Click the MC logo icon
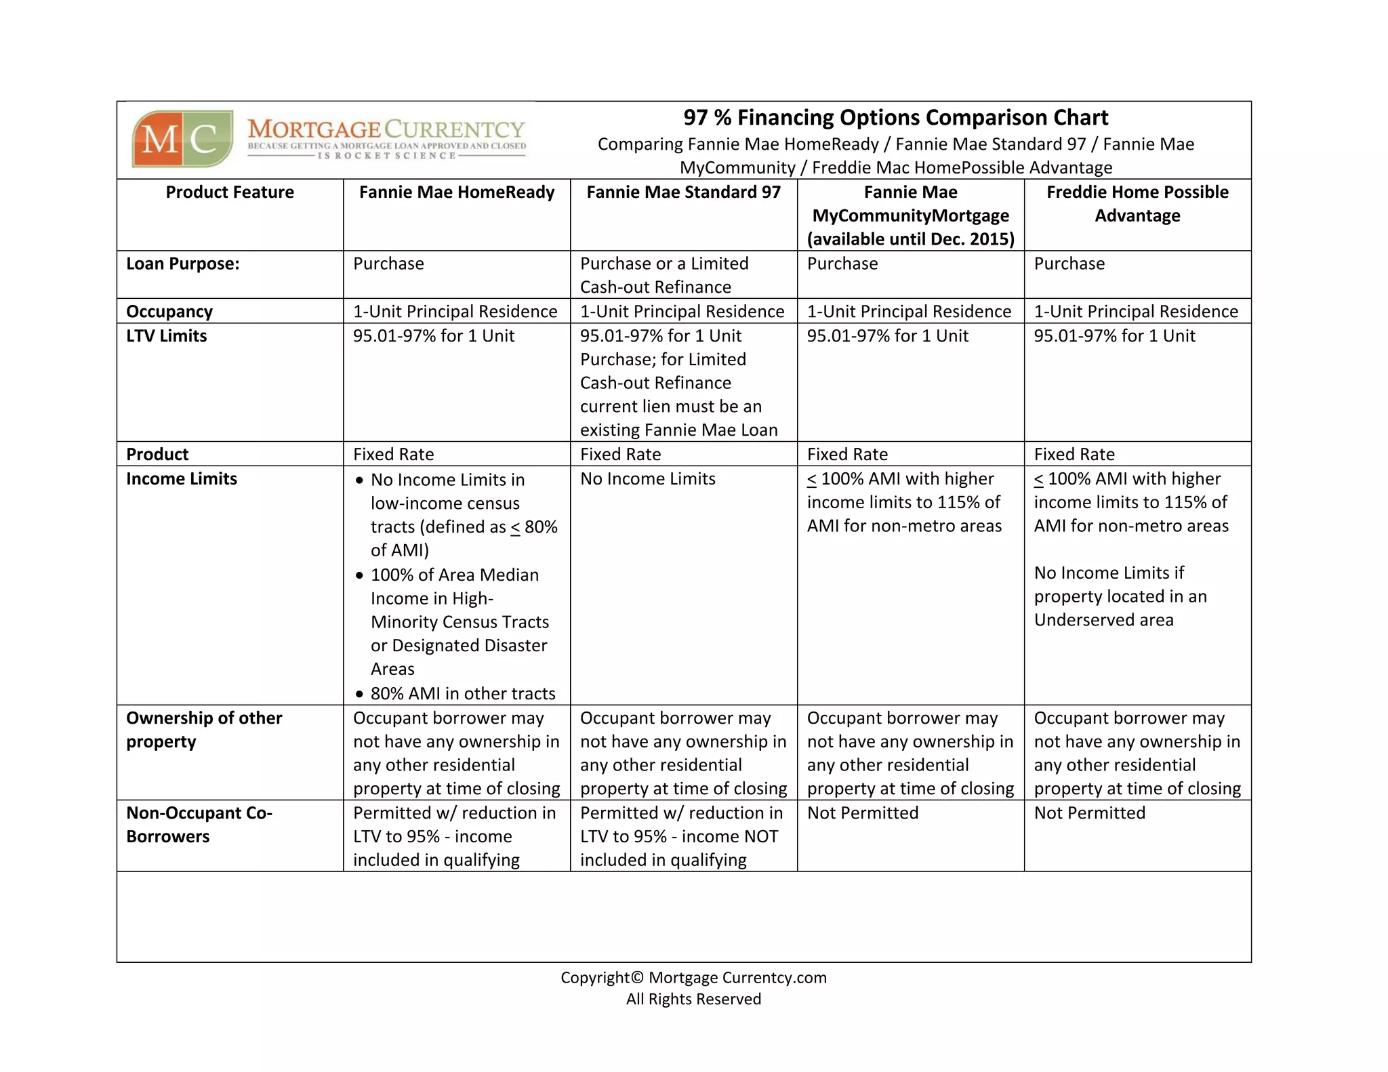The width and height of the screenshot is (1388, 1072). pyautogui.click(x=182, y=139)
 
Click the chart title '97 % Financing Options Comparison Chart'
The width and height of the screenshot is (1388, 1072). pyautogui.click(x=895, y=118)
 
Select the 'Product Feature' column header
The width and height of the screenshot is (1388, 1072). pyautogui.click(x=230, y=192)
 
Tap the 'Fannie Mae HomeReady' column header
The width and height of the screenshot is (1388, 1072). pyautogui.click(x=457, y=192)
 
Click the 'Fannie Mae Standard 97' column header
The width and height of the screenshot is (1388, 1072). pyautogui.click(x=683, y=192)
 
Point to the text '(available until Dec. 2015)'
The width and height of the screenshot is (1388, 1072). pyautogui.click(x=910, y=239)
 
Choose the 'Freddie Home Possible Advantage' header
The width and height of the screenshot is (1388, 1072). pyautogui.click(x=1137, y=204)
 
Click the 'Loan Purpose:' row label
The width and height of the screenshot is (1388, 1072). pyautogui.click(x=183, y=264)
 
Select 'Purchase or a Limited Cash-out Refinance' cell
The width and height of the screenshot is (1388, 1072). pyautogui.click(x=664, y=275)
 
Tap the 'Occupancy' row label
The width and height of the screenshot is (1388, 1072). pyautogui.click(x=169, y=312)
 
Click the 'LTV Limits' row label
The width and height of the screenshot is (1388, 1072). pyautogui.click(x=167, y=336)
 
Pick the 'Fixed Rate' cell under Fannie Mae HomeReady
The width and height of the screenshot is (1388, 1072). pyautogui.click(x=393, y=455)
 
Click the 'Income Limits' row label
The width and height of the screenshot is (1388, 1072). pyautogui.click(x=182, y=479)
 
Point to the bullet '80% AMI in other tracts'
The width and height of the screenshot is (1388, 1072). pyautogui.click(x=462, y=694)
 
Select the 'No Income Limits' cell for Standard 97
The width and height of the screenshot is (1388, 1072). pyautogui.click(x=647, y=479)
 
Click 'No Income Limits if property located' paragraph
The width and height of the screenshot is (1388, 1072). pyautogui.click(x=1120, y=596)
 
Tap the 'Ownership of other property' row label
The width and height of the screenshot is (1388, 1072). pyautogui.click(x=203, y=730)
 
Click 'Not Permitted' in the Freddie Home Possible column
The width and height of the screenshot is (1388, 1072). pyautogui.click(x=1089, y=813)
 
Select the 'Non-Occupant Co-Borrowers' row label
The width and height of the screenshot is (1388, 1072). pyautogui.click(x=199, y=825)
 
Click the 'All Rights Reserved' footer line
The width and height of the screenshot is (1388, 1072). pyautogui.click(x=693, y=999)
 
